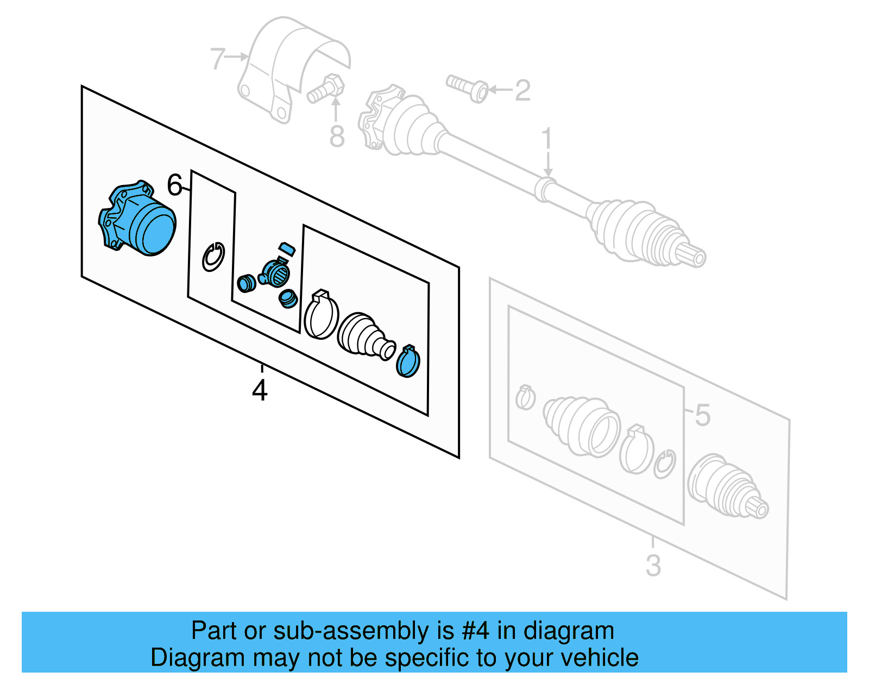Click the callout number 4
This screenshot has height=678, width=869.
[x=260, y=390]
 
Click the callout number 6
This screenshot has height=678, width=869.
[x=174, y=185]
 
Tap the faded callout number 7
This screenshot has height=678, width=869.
[x=217, y=59]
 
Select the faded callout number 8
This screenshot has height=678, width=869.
[x=337, y=136]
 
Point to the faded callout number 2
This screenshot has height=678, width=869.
[x=522, y=91]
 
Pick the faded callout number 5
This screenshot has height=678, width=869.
[x=702, y=415]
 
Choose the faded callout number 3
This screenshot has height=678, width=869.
[x=653, y=566]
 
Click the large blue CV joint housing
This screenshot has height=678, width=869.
[x=139, y=219]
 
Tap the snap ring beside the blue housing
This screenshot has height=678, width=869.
[x=213, y=257]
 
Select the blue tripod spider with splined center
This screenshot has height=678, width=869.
[x=275, y=271]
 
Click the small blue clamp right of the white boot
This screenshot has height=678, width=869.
[x=408, y=362]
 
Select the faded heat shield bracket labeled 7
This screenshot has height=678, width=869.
[x=288, y=65]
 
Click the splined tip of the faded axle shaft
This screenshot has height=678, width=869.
[x=695, y=255]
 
